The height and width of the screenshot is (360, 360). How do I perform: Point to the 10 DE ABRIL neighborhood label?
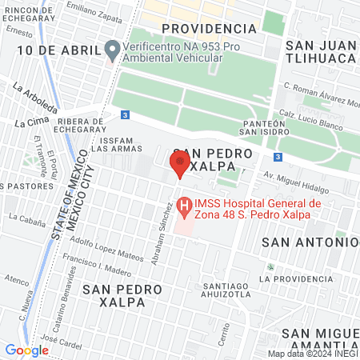tap(52, 50)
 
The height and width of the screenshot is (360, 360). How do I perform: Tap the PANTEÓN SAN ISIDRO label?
tap(263, 129)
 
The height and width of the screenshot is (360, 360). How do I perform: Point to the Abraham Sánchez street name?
tap(167, 227)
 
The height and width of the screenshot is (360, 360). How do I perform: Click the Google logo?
tap(26, 350)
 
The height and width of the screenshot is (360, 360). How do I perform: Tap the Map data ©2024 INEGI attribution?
tap(312, 354)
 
